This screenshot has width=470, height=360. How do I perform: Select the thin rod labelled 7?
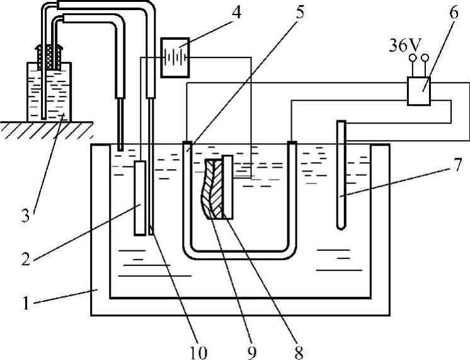coord(341,177)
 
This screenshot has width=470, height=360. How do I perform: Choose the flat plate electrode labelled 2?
coord(140,197)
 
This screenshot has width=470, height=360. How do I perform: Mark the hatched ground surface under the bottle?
coord(44,129)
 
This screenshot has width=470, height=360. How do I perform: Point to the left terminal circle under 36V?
coord(413,59)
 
